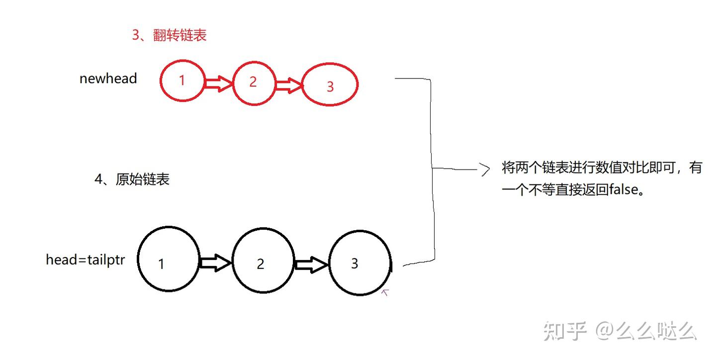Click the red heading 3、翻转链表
[x=170, y=35]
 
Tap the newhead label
[x=108, y=79]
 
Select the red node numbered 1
[x=182, y=81]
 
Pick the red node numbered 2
[x=254, y=83]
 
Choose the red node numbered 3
[x=330, y=85]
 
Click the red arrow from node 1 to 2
[x=219, y=84]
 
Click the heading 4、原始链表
[x=132, y=180]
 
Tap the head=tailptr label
[x=86, y=260]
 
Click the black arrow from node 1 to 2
[x=215, y=263]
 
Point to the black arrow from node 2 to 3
[x=311, y=265]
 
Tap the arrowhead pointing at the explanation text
[x=485, y=170]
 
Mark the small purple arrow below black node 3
[x=385, y=292]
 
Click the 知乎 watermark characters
[x=565, y=331]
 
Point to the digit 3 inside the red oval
[x=330, y=87]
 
